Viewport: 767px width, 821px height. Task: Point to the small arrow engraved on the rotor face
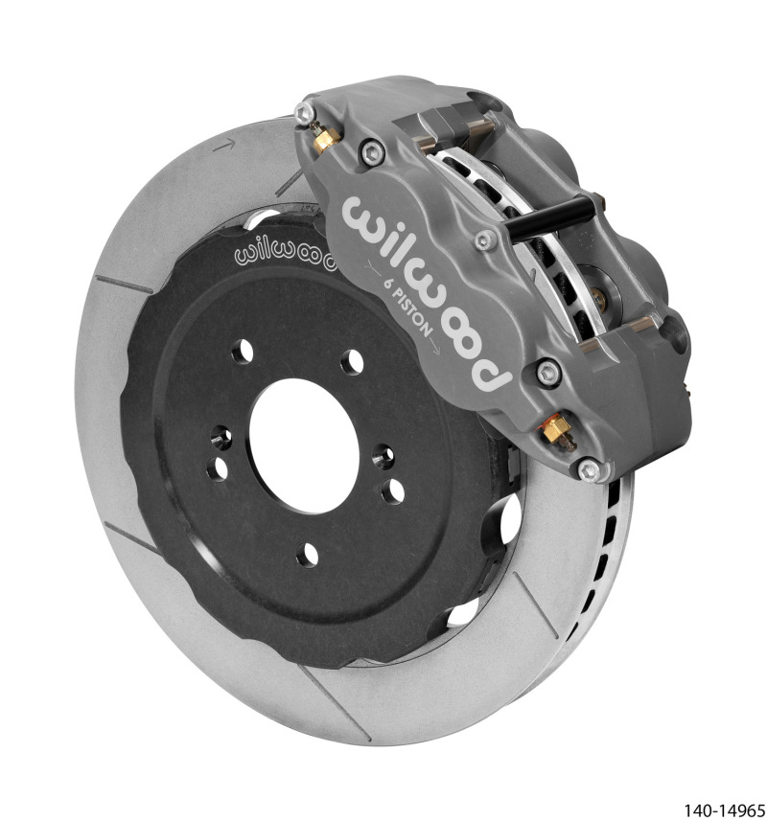coord(225,146)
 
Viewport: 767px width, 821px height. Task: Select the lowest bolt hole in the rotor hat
coord(309,554)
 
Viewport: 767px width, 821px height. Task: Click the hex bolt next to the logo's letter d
coord(547,372)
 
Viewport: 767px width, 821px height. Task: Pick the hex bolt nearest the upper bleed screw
coord(368,148)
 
